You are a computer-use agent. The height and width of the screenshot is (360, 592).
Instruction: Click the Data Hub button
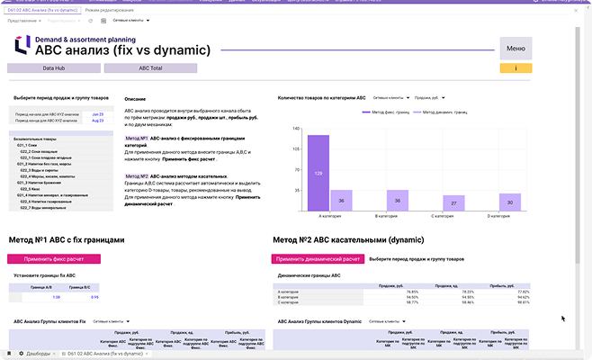click(x=51, y=68)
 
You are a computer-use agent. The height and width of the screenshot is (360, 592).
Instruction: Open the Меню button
click(x=516, y=49)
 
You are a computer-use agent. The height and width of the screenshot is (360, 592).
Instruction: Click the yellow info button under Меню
click(x=516, y=68)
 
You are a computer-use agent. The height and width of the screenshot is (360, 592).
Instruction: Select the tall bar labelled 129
click(x=318, y=172)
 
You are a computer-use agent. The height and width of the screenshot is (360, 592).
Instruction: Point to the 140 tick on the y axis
click(x=296, y=128)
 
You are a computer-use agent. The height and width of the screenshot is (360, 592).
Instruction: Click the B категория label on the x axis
click(x=386, y=217)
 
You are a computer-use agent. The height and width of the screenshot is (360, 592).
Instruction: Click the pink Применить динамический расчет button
click(x=318, y=259)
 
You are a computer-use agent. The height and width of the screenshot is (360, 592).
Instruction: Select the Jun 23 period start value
click(x=98, y=114)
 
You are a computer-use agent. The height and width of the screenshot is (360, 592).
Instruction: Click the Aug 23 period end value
click(x=98, y=121)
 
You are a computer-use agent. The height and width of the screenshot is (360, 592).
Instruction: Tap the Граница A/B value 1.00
click(x=56, y=297)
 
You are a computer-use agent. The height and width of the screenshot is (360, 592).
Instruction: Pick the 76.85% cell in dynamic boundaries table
click(x=413, y=292)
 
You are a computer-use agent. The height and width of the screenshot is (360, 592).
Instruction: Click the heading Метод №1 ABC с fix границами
click(x=66, y=240)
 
